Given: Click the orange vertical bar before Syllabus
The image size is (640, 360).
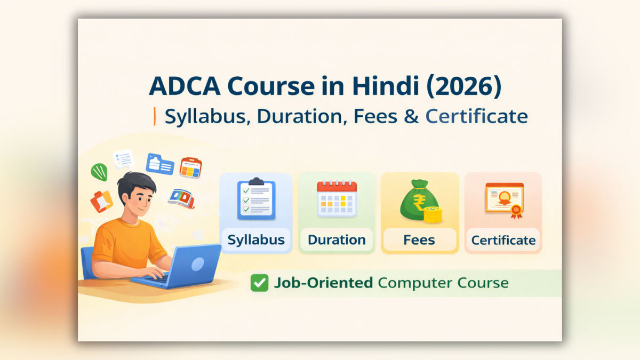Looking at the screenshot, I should click(x=155, y=116).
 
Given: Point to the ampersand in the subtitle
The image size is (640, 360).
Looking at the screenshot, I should click(x=412, y=116).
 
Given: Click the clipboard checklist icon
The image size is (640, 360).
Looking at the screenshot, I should click(x=256, y=199).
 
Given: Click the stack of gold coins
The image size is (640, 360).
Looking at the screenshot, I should click(x=433, y=215).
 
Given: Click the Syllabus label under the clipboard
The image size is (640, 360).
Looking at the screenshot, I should click(x=256, y=240).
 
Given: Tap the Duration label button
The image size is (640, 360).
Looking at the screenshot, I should click(x=337, y=240).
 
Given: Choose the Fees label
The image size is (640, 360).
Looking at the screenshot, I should click(x=419, y=240).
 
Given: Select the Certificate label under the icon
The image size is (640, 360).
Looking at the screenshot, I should click(x=503, y=240).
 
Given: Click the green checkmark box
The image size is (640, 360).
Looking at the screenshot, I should click(x=259, y=283).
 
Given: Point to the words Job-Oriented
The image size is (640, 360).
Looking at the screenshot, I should click(x=323, y=283).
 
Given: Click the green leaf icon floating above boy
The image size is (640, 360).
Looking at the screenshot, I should click(x=99, y=172).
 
